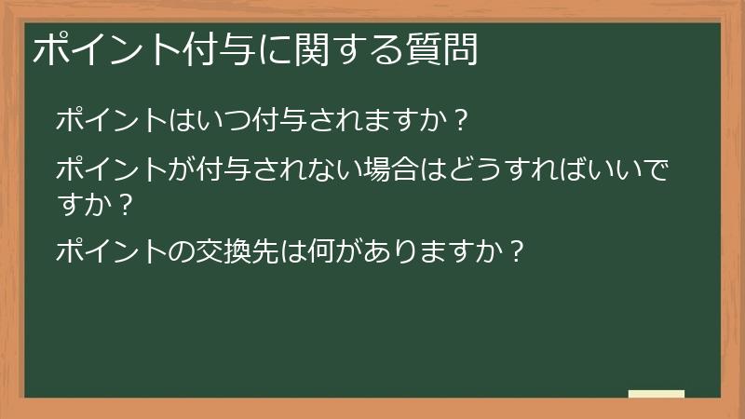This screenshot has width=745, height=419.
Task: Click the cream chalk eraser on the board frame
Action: [657, 394]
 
